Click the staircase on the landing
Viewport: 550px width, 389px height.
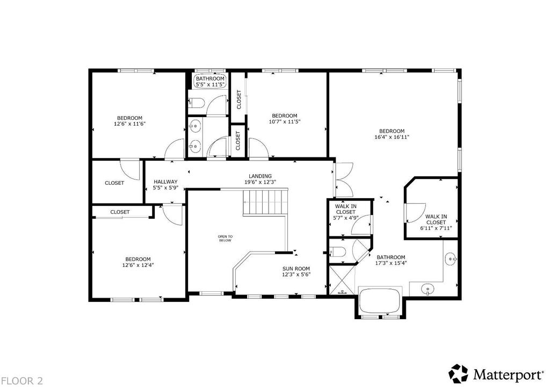tap(266, 202)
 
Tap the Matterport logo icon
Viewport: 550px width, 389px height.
tap(459, 373)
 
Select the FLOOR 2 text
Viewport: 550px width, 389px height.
tap(22, 381)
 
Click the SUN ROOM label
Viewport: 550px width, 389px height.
tap(296, 269)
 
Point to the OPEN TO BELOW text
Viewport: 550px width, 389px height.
tap(225, 239)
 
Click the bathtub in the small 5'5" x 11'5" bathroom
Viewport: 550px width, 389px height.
tap(210, 81)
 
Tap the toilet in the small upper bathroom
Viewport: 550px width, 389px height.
tap(196, 103)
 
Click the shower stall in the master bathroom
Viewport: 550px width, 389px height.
tap(341, 280)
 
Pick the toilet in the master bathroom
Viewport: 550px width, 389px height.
tap(338, 251)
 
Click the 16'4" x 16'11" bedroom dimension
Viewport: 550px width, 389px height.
tap(392, 137)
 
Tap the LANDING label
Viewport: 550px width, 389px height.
tap(260, 176)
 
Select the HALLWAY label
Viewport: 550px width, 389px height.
tap(165, 182)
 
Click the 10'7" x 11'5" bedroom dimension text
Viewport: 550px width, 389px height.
tap(285, 122)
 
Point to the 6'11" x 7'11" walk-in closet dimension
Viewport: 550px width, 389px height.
tap(436, 228)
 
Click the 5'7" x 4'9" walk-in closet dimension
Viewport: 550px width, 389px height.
tap(345, 218)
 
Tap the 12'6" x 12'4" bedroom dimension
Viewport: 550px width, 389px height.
tap(138, 265)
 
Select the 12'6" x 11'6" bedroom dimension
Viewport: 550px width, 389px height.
tap(129, 124)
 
